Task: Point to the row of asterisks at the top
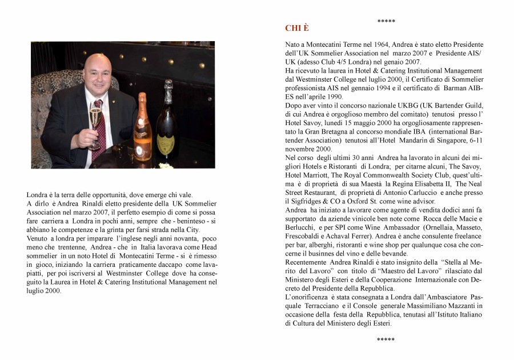(386, 21)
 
